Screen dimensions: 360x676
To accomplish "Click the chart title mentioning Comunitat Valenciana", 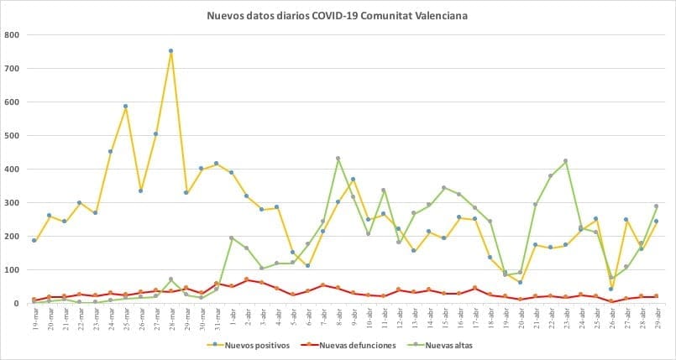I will tap(338, 16).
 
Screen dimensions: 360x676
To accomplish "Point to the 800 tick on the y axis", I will tap(13, 35).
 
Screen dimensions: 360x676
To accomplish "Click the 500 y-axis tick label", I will tap(13, 136).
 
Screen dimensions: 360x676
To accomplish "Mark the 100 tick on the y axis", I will tap(13, 270).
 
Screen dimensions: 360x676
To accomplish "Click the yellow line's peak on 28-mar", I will tap(171, 50).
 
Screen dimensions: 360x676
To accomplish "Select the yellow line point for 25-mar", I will tap(126, 107).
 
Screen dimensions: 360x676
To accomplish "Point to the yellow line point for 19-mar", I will tap(34, 241).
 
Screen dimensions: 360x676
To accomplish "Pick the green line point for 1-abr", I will tap(232, 238).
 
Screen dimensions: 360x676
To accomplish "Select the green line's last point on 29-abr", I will tap(657, 206).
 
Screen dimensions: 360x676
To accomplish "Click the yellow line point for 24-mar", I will tap(111, 152).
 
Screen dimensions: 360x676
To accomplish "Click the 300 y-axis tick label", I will tap(13, 203).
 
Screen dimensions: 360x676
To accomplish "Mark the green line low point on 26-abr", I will tap(611, 278).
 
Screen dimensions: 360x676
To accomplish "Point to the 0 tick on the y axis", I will tap(18, 304).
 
